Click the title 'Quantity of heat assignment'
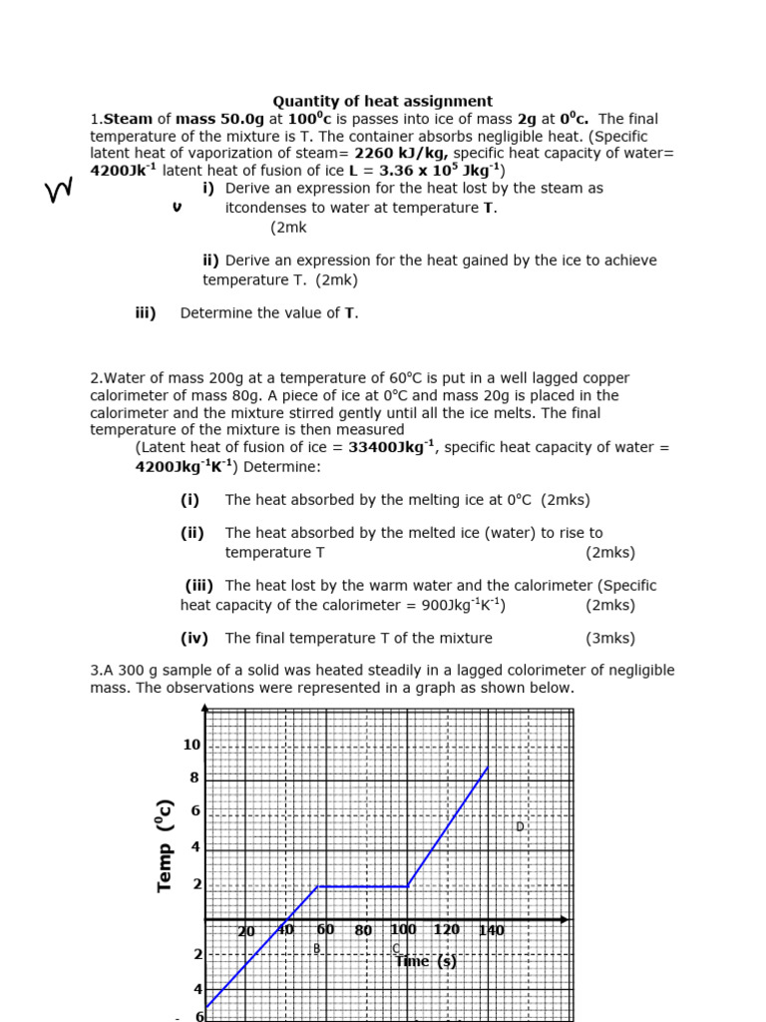point(383,101)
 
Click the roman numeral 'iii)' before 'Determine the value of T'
point(146,313)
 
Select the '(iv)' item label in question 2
point(193,639)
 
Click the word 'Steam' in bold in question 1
point(129,119)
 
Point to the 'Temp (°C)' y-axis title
point(166,845)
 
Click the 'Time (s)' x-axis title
point(427,961)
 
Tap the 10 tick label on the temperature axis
point(191,745)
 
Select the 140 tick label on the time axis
point(491,931)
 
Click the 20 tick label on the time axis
point(246,932)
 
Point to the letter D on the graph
point(520,826)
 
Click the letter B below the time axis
point(317,948)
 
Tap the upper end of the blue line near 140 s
point(488,766)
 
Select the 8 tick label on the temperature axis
point(194,777)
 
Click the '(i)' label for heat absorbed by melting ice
point(190,500)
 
